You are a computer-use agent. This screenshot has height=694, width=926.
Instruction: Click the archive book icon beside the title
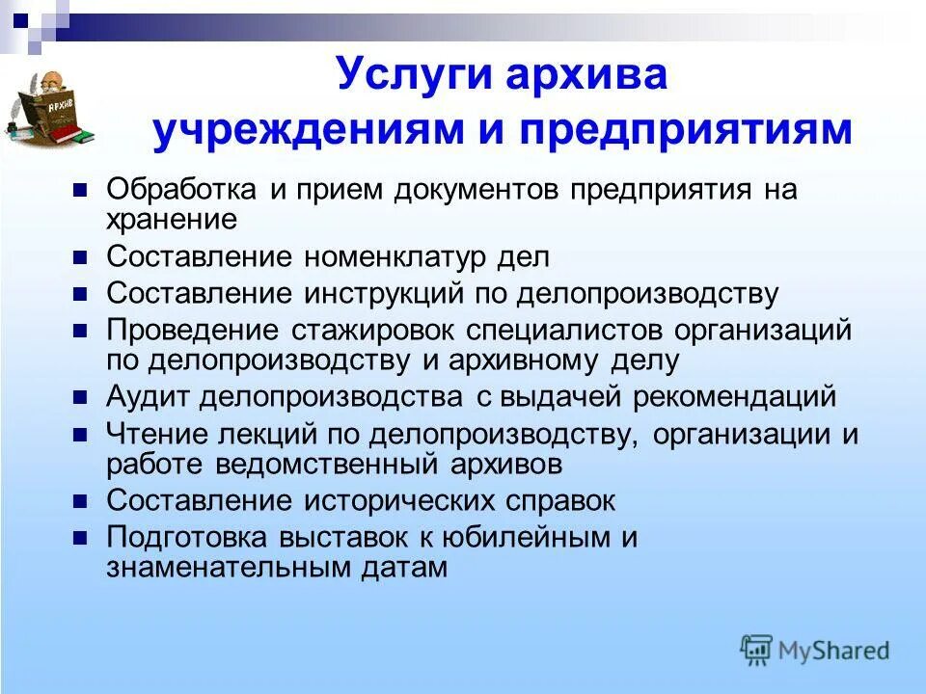pos(55,111)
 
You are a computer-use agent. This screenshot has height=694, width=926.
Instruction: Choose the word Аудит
pos(140,397)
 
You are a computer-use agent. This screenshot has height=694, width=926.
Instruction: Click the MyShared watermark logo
pos(815,651)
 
